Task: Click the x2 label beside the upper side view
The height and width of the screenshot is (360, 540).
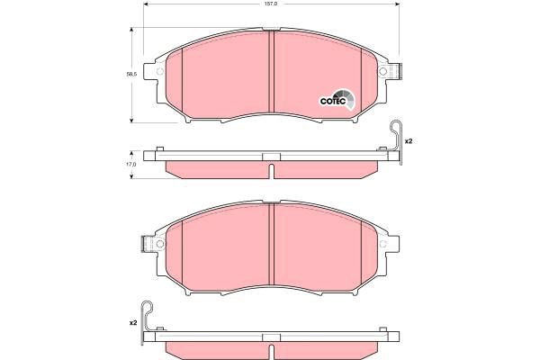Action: (x=408, y=142)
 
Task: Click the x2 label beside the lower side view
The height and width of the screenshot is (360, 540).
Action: (x=132, y=321)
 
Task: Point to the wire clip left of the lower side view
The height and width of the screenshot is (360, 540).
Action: (x=148, y=322)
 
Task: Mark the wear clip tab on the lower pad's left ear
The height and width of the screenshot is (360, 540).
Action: (x=147, y=243)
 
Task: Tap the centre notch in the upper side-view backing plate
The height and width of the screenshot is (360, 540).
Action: (x=270, y=158)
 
